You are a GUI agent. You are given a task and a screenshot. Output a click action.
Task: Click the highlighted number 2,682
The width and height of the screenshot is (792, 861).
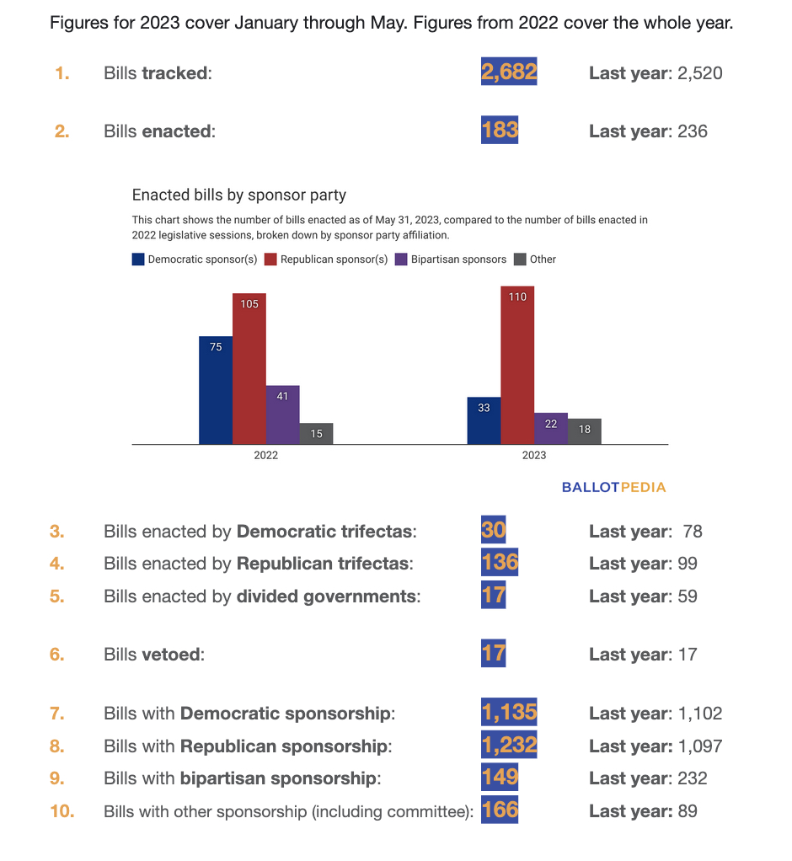click(509, 72)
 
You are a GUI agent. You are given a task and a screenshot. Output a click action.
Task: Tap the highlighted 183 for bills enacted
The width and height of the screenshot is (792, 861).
click(500, 130)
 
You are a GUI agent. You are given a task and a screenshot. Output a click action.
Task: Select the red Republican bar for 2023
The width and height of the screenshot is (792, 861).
click(517, 365)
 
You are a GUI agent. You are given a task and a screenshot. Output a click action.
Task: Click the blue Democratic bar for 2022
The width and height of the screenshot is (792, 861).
click(216, 390)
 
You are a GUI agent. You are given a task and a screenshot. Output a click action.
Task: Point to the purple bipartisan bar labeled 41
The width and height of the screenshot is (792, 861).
click(283, 415)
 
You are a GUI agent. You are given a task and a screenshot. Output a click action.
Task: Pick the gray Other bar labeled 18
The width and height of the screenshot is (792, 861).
click(585, 431)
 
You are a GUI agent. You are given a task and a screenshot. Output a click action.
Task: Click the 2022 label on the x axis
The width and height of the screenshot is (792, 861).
click(266, 455)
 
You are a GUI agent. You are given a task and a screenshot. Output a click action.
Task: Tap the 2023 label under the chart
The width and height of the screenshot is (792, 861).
click(534, 455)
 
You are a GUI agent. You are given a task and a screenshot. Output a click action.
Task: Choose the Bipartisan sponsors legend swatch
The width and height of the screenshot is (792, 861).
click(401, 259)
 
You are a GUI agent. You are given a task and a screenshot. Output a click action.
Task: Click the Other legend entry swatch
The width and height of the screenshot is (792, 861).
click(520, 259)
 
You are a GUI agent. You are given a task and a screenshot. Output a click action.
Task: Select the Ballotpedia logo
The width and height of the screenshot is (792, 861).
click(613, 487)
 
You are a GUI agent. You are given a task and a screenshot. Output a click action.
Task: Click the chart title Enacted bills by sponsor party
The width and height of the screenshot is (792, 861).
click(239, 195)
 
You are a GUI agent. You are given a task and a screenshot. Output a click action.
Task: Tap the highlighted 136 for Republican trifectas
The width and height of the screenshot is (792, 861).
click(500, 562)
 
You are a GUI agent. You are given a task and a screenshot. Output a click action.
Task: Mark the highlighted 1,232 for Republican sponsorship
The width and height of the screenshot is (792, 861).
click(509, 745)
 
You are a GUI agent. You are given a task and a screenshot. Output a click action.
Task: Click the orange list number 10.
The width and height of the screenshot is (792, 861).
click(62, 811)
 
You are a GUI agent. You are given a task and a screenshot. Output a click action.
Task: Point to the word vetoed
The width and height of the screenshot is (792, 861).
click(171, 654)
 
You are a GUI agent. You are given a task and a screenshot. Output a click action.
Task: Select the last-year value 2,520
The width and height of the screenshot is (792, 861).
click(699, 73)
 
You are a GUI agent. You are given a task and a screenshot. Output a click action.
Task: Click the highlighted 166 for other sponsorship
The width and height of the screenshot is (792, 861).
click(500, 810)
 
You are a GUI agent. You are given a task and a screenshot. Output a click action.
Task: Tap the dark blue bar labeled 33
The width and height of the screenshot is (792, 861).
click(484, 420)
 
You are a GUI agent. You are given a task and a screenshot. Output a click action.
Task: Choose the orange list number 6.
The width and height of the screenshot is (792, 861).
click(56, 654)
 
